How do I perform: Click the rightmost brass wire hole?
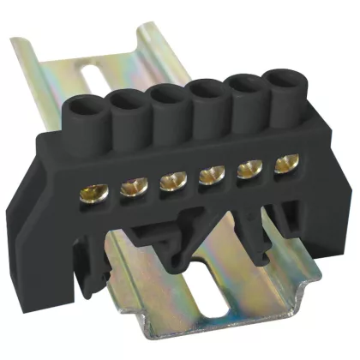click(275, 164)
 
